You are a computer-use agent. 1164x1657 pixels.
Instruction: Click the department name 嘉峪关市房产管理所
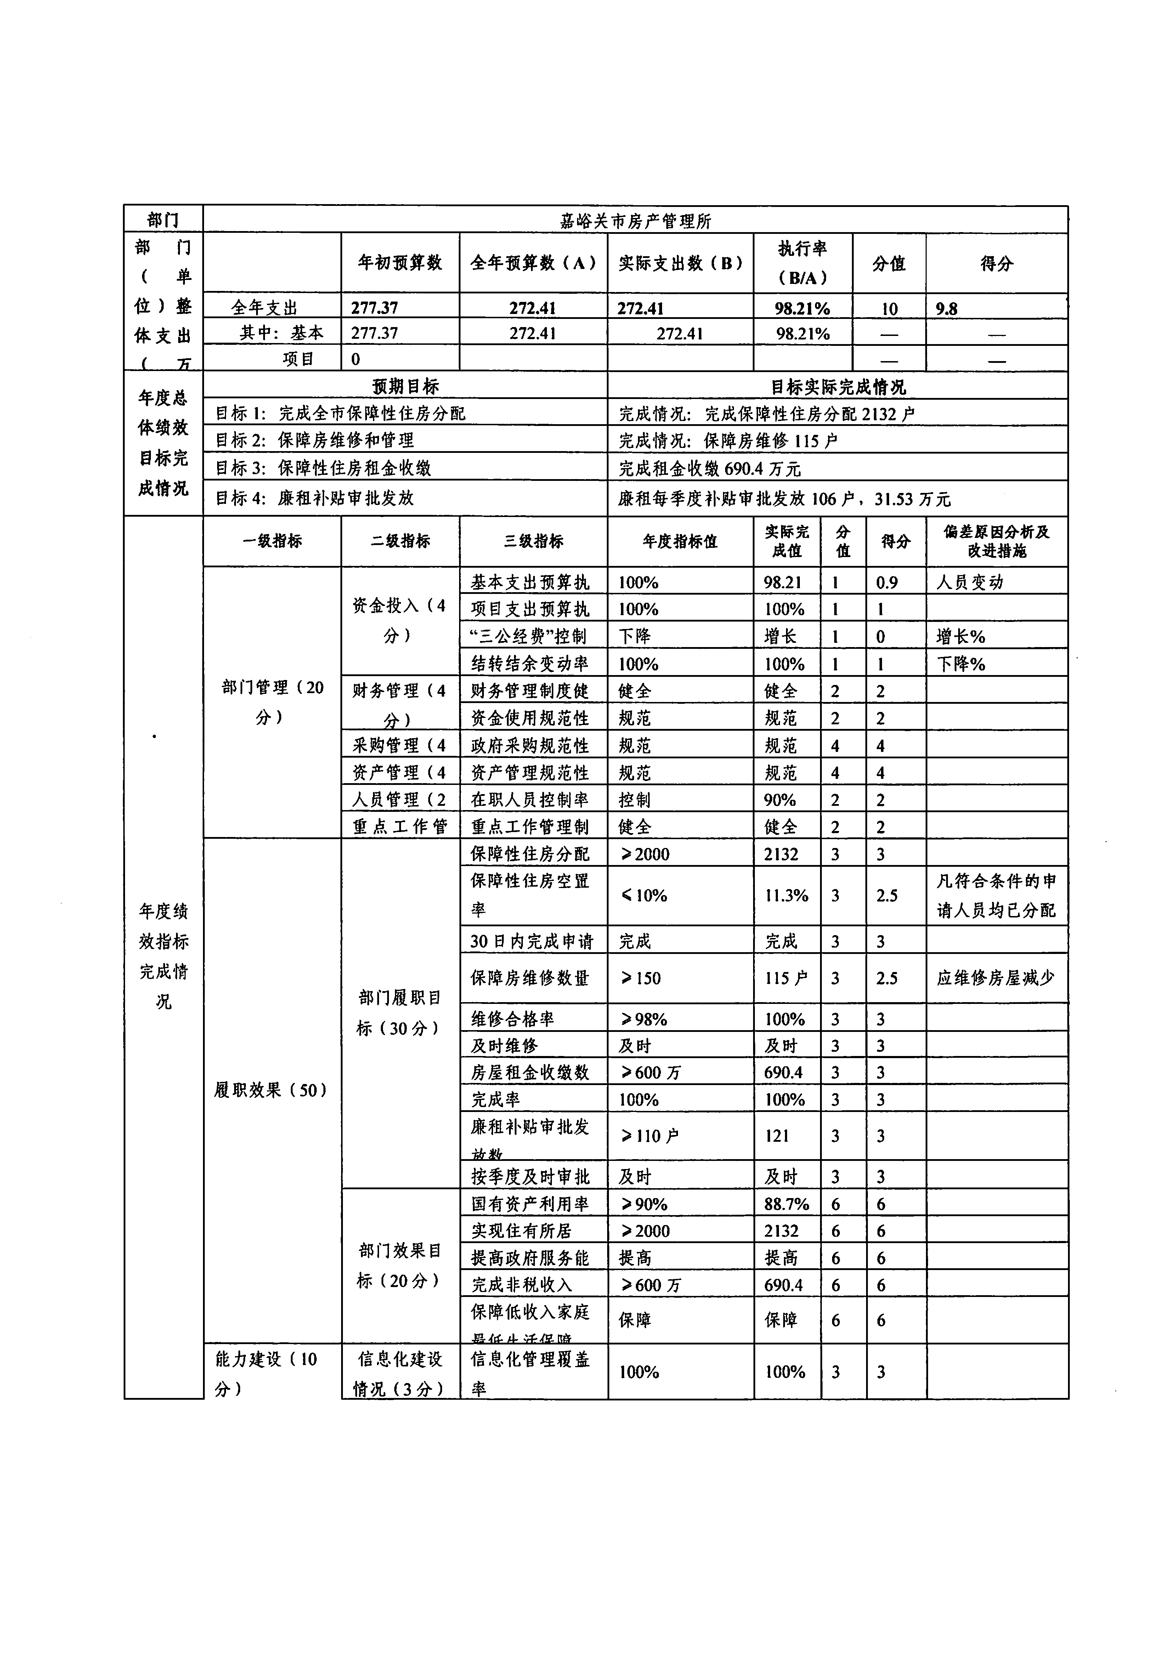[635, 221]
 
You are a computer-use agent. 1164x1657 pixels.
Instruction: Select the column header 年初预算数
[400, 263]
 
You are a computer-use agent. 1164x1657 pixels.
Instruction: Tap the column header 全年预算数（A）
[533, 263]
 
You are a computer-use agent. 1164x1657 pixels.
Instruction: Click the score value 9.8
[947, 309]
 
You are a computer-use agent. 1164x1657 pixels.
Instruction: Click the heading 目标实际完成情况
[837, 387]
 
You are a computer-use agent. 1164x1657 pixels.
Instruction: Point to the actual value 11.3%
[786, 895]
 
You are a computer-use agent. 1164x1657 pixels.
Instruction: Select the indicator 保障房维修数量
[530, 978]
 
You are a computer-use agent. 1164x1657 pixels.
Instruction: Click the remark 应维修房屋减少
[995, 978]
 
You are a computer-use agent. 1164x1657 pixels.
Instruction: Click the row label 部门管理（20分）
[272, 702]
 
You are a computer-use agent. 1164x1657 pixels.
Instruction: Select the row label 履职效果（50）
[271, 1090]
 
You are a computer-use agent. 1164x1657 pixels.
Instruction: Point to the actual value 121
[777, 1136]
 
